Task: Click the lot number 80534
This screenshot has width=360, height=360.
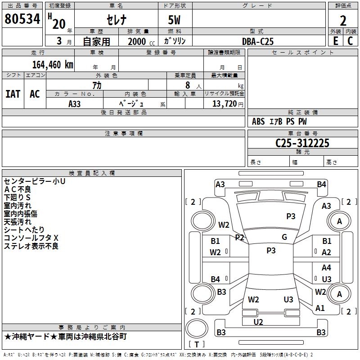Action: pyautogui.click(x=22, y=19)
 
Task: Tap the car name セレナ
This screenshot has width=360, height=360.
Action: pyautogui.click(x=117, y=20)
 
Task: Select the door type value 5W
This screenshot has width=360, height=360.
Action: pyautogui.click(x=174, y=20)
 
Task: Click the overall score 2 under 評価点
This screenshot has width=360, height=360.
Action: pyautogui.click(x=343, y=21)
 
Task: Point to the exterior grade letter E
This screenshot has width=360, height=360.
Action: pyautogui.click(x=336, y=41)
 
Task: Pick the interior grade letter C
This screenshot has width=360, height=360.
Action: pyautogui.click(x=350, y=41)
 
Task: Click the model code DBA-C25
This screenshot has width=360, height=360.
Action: pyautogui.click(x=258, y=41)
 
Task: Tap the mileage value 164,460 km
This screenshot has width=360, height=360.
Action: pyautogui.click(x=53, y=65)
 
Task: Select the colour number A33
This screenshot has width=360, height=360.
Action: pyautogui.click(x=74, y=104)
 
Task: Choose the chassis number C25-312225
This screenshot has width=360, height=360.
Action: pyautogui.click(x=302, y=143)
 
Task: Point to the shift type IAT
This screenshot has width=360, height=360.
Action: pyautogui.click(x=13, y=94)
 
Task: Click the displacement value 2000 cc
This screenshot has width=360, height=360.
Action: pyautogui.click(x=141, y=41)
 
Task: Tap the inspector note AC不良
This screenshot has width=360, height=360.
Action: pyautogui.click(x=18, y=189)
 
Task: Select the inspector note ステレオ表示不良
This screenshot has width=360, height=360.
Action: pyautogui.click(x=31, y=246)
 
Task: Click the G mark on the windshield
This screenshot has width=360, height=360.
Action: pyautogui.click(x=284, y=237)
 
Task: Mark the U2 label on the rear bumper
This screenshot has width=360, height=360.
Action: pyautogui.click(x=258, y=322)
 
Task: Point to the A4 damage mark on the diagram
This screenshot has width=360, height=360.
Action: pyautogui.click(x=326, y=268)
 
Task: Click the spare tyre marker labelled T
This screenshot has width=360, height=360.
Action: pyautogui.click(x=197, y=344)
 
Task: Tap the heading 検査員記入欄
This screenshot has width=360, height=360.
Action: pyautogui.click(x=92, y=173)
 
